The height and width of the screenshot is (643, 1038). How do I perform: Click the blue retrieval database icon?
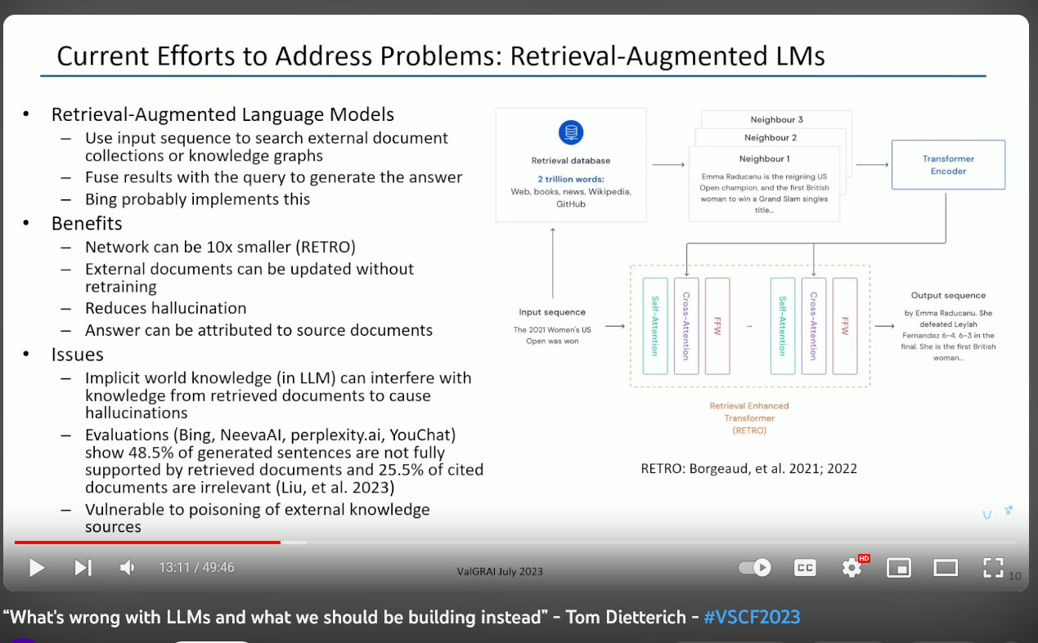570,132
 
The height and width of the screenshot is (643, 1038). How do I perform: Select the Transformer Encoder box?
948,165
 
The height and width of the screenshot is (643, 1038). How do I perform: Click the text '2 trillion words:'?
571,179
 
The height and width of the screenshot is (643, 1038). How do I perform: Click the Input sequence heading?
552,312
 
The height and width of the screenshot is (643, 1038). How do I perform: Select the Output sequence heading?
948,295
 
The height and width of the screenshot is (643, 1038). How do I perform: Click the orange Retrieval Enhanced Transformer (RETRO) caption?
749,418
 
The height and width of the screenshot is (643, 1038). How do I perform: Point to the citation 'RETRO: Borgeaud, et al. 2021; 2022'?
748,468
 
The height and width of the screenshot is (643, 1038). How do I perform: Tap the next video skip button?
83,568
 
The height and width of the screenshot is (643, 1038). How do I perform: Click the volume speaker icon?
127,568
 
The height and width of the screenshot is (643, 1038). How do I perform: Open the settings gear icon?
852,568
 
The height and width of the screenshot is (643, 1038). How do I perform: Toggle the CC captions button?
805,568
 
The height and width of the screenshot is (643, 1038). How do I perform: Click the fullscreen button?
993,568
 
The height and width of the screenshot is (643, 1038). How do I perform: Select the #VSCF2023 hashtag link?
752,617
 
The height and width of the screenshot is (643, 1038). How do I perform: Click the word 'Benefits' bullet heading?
87,224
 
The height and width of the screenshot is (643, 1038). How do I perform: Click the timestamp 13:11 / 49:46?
196,568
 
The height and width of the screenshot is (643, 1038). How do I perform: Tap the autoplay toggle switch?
754,568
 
